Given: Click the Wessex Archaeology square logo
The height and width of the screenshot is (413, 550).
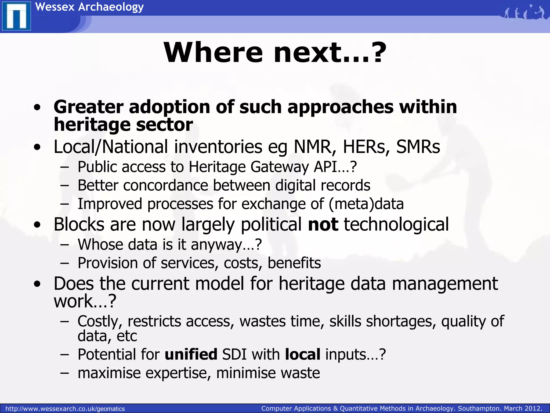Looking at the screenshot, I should point(16,16).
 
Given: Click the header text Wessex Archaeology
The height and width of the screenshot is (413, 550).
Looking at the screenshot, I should point(89,7).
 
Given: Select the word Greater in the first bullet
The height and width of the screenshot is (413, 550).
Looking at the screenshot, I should point(88,107).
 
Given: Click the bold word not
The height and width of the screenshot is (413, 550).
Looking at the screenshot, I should point(323,225).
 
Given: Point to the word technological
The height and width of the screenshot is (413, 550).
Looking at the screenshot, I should point(396,225).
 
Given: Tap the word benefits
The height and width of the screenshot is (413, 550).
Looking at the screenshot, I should point(294,263).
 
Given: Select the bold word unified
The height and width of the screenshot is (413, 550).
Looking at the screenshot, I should point(191,354).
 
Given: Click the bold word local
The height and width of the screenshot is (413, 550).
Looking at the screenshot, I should point(303,354).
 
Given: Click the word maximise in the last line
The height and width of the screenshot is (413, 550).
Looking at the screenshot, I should point(109,373).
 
